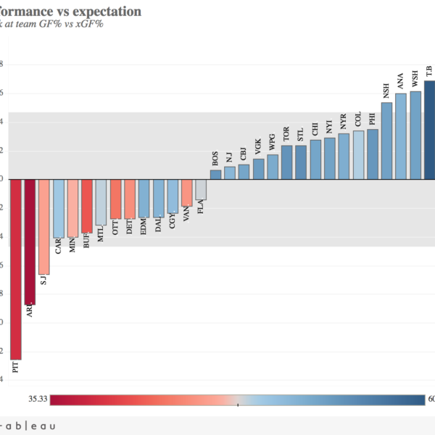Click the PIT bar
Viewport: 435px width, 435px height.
tap(16, 268)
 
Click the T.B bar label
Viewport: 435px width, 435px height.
tap(429, 70)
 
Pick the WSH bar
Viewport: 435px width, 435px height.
tap(415, 135)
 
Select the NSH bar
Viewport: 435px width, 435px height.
tap(386, 141)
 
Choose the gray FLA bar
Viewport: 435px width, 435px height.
tap(201, 190)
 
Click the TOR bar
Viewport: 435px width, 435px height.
tap(286, 162)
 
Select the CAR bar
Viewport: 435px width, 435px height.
tap(59, 209)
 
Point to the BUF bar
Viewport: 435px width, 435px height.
tap(87, 207)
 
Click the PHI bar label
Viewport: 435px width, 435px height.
tap(373, 118)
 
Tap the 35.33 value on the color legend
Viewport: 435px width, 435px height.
tap(38, 399)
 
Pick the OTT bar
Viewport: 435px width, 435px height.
tap(115, 199)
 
